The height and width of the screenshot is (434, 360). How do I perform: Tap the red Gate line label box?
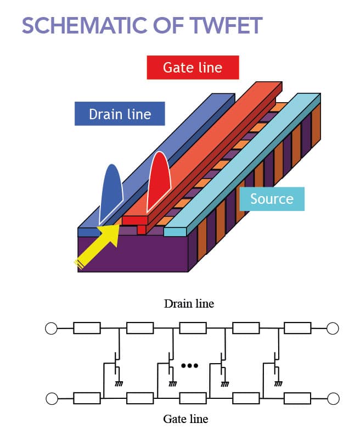tap(193, 68)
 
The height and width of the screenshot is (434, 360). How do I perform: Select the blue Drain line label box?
tap(120, 114)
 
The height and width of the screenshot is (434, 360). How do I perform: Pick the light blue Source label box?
tap(272, 198)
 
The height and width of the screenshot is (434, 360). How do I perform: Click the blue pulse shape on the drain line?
tap(111, 192)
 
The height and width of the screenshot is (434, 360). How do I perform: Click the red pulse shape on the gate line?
tap(159, 184)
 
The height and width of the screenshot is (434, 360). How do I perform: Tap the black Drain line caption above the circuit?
tap(189, 303)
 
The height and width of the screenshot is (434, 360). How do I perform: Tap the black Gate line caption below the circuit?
tap(185, 419)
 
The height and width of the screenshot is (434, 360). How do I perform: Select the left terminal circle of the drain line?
tap(51, 329)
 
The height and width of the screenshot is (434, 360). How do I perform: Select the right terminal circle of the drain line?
tap(333, 329)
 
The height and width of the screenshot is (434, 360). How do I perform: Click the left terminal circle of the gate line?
tap(51, 397)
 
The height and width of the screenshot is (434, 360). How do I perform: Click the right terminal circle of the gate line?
tap(333, 397)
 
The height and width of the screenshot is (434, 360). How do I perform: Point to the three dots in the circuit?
tap(189, 365)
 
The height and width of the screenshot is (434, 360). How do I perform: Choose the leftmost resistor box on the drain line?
tap(87, 329)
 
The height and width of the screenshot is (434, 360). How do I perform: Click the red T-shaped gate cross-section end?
tap(137, 223)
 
